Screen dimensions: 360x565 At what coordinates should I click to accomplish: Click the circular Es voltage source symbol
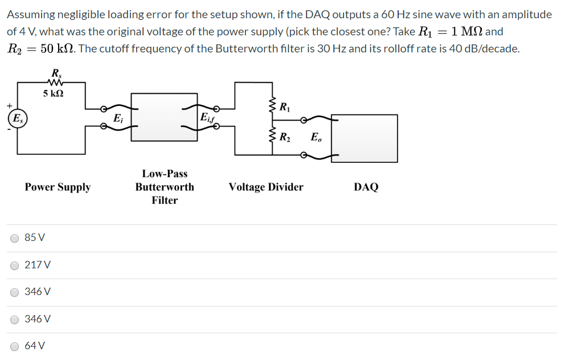pos(17,118)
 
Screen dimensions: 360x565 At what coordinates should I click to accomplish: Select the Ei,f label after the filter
pos(208,118)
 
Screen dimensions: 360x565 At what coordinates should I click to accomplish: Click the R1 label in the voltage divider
pos(285,107)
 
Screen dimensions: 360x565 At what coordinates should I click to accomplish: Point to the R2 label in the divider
pos(285,137)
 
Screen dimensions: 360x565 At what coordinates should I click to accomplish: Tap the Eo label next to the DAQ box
pos(316,137)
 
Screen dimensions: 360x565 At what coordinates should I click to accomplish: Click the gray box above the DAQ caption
pos(365,138)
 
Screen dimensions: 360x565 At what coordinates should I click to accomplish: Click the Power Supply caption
pos(58,187)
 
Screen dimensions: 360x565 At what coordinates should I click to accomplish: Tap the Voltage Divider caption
pos(266,187)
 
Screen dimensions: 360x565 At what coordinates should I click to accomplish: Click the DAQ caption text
pos(366,187)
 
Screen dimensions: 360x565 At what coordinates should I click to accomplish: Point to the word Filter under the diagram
pos(165,200)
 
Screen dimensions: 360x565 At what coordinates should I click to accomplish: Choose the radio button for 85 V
pos(14,238)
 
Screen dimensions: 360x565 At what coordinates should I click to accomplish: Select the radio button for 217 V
pos(14,265)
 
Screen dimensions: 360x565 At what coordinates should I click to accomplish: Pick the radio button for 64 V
pos(14,346)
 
